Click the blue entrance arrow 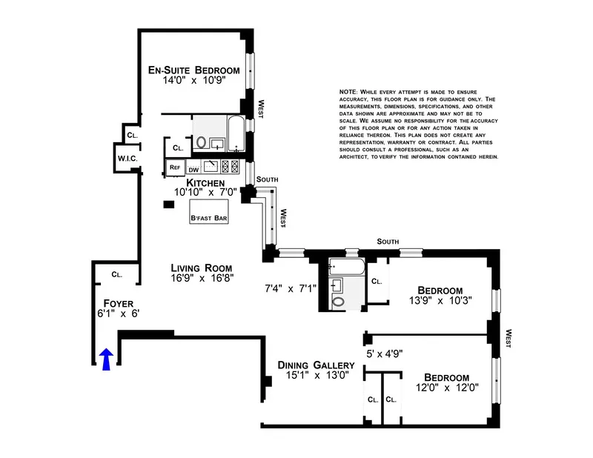click(105, 359)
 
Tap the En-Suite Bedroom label click(193, 70)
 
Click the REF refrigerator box click(175, 167)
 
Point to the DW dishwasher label click(192, 169)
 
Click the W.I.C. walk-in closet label click(125, 159)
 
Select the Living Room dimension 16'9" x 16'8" click(202, 278)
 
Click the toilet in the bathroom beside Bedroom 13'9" click(339, 302)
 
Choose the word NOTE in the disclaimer click(348, 91)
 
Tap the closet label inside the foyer click(116, 274)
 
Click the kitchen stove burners click(232, 166)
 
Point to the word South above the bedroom click(388, 241)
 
